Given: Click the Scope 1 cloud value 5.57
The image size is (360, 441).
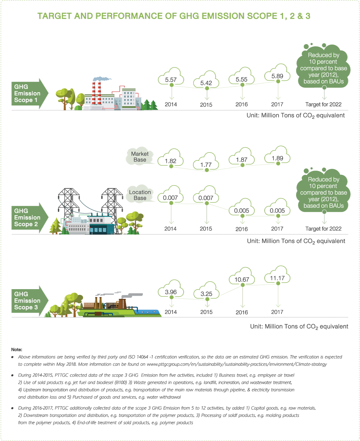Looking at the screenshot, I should tap(171, 79).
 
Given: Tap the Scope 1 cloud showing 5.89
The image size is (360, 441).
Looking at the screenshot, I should tap(277, 76).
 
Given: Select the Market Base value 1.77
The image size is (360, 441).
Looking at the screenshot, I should tap(206, 164).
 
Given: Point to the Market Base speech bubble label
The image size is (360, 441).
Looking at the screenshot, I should tap(140, 157).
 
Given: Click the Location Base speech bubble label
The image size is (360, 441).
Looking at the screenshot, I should tap(140, 195).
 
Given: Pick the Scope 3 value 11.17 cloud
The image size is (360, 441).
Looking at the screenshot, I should tap(277, 278).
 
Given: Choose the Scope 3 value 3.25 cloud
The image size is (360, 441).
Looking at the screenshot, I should tap(206, 293).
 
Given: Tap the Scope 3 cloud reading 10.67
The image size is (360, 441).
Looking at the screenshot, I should tap(242, 279).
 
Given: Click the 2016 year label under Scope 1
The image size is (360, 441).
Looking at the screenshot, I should tap(242, 105).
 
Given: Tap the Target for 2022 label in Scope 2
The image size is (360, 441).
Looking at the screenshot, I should tap(323, 229).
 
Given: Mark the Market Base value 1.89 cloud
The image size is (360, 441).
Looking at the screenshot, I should tap(277, 158).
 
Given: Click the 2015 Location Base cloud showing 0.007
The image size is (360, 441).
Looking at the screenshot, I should tap(206, 198).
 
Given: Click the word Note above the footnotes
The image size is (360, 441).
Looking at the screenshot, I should tap(17, 349).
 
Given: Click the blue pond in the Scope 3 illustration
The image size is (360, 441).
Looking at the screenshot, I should tap(148, 312).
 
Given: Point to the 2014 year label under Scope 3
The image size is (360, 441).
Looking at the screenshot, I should tap(171, 312).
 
